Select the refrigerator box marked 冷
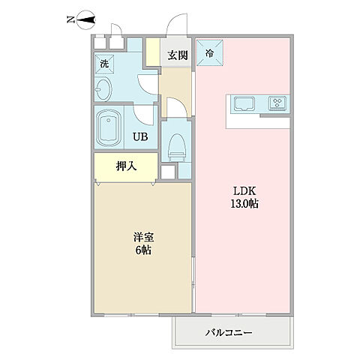208,53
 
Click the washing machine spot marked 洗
106,64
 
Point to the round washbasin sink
105,91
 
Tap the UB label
140,136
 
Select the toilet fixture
176,144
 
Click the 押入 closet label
124,166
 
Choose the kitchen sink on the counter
246,103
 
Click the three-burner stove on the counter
278,103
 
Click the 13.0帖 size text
244,204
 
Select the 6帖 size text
142,251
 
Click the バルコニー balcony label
229,332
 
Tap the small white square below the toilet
167,172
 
